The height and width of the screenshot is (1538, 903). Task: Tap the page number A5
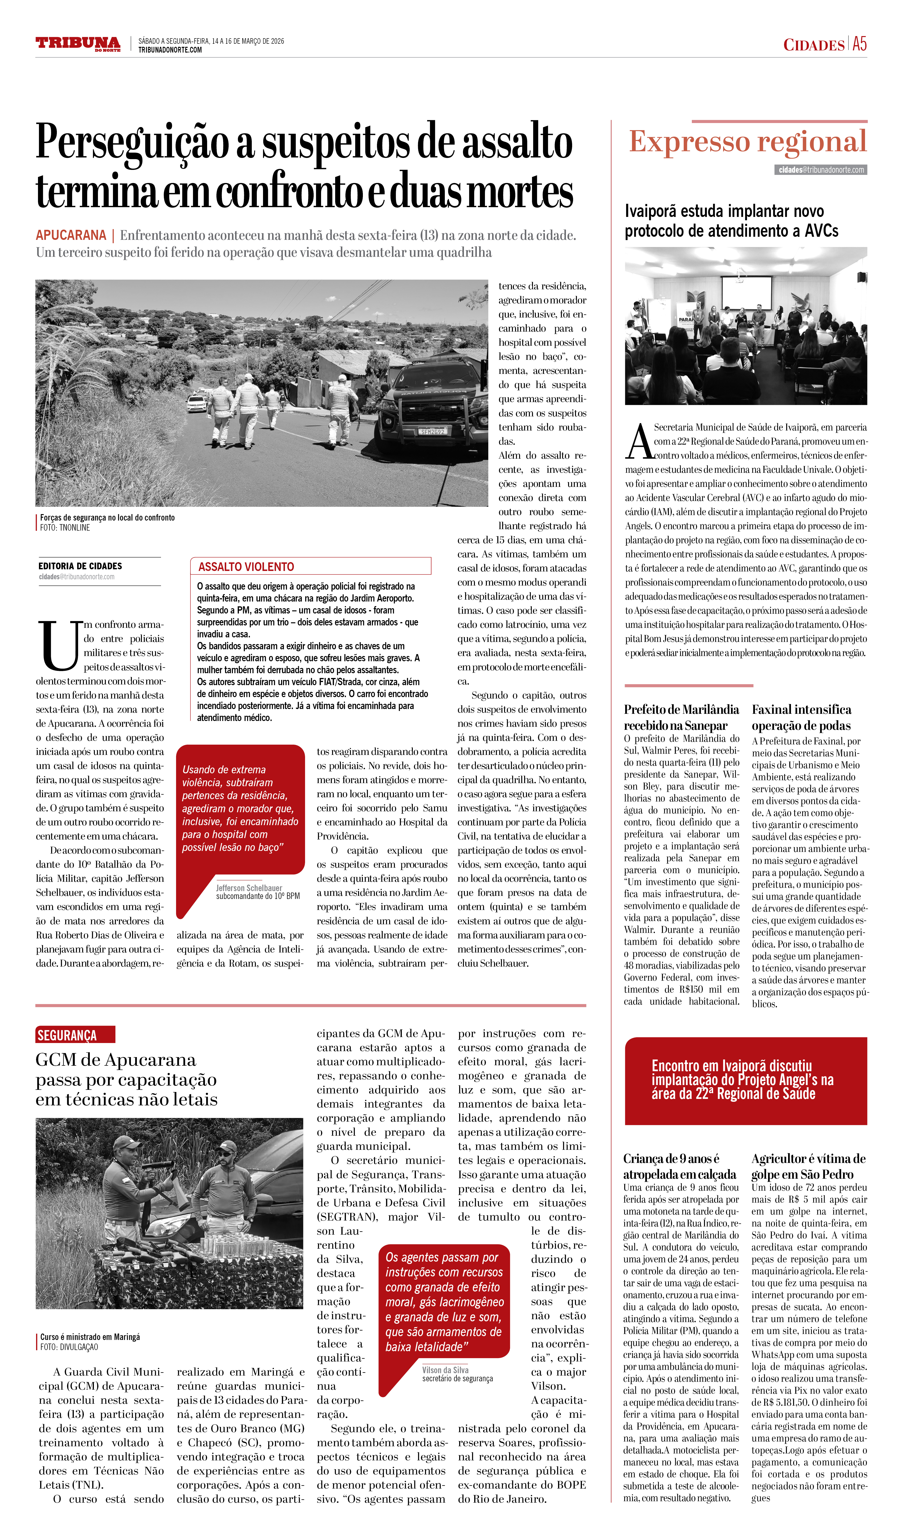[x=859, y=44]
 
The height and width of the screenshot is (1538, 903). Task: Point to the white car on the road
[x=196, y=403]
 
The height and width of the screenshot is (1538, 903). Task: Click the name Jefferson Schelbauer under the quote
[x=249, y=888]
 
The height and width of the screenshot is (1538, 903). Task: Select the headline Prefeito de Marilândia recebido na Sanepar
[x=681, y=717]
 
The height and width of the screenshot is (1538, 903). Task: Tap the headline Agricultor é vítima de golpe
[x=808, y=1166]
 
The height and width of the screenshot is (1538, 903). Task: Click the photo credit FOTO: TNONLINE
[x=65, y=527]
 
